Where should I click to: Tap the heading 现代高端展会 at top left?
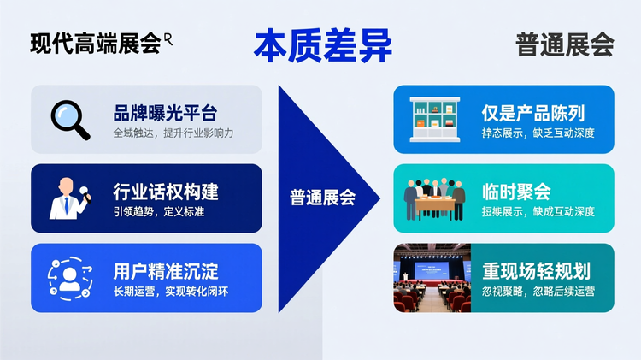click(96, 44)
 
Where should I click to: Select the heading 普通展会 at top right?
click(564, 44)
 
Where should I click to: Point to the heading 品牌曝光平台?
click(165, 113)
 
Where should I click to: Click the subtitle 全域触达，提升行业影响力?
click(173, 133)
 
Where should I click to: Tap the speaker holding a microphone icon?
click(69, 198)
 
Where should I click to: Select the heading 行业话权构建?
click(165, 192)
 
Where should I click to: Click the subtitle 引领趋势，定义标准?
click(158, 212)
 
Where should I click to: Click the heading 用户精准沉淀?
click(165, 271)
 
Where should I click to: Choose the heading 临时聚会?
click(516, 192)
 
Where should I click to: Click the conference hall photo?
click(432, 278)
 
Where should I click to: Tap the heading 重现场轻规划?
click(536, 271)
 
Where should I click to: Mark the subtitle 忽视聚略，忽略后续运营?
click(538, 292)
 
